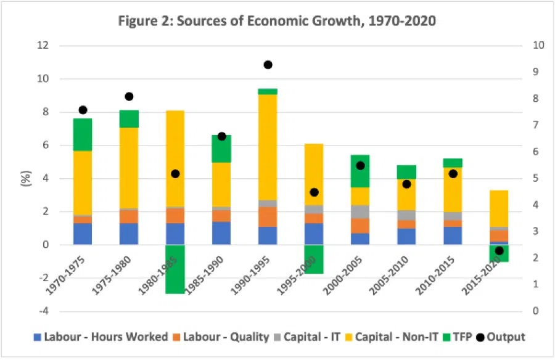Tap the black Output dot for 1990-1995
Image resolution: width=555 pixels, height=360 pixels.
tap(268, 65)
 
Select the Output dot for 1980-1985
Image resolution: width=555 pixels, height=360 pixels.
tap(175, 174)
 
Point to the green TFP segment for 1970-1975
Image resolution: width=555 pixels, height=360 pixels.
tap(82, 134)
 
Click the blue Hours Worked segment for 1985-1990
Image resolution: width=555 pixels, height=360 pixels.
tap(221, 233)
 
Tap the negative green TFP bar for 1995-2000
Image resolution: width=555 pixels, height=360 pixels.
tap(314, 259)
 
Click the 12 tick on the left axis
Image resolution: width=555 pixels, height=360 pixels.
tap(41, 46)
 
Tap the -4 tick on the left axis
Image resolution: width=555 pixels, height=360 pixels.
tap(41, 311)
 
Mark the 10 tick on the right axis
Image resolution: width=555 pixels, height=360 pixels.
tap(521, 46)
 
